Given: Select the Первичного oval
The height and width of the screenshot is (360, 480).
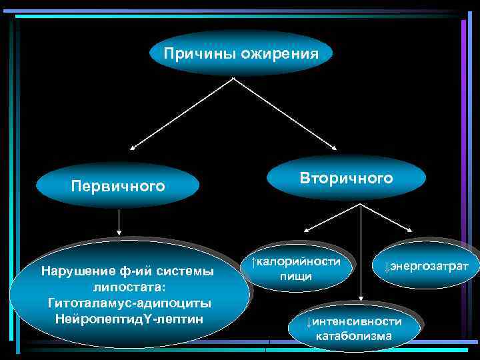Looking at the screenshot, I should pyautogui.click(x=119, y=185).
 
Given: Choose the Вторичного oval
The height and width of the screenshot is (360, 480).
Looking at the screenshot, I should pyautogui.click(x=346, y=179).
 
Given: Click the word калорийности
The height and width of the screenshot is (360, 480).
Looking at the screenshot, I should pyautogui.click(x=299, y=261).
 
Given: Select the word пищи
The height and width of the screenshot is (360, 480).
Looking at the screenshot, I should pyautogui.click(x=295, y=276).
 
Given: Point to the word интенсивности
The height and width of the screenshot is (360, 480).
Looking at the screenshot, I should pyautogui.click(x=357, y=322).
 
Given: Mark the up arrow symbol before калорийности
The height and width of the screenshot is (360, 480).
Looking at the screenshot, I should pyautogui.click(x=253, y=261).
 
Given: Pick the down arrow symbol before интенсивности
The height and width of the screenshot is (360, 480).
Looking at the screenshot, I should pyautogui.click(x=309, y=322).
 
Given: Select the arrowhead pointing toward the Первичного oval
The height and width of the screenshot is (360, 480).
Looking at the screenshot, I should pyautogui.click(x=133, y=147).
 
